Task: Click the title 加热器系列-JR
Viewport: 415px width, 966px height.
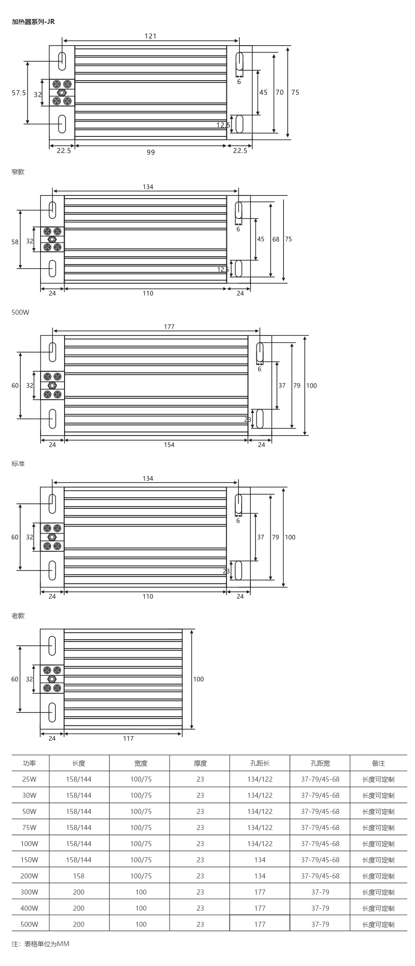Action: click(33, 21)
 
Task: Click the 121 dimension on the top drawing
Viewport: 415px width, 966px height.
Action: click(151, 36)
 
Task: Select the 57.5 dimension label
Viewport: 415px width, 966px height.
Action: click(19, 93)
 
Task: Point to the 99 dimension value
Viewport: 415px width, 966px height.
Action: click(151, 152)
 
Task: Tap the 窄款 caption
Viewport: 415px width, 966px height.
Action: click(18, 172)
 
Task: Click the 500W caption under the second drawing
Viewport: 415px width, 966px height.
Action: click(20, 312)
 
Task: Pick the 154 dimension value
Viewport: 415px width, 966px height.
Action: click(169, 444)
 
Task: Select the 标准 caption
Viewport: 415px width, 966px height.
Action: click(18, 464)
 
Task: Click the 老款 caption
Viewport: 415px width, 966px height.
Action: click(18, 616)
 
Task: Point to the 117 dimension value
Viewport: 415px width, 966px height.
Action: click(128, 738)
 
